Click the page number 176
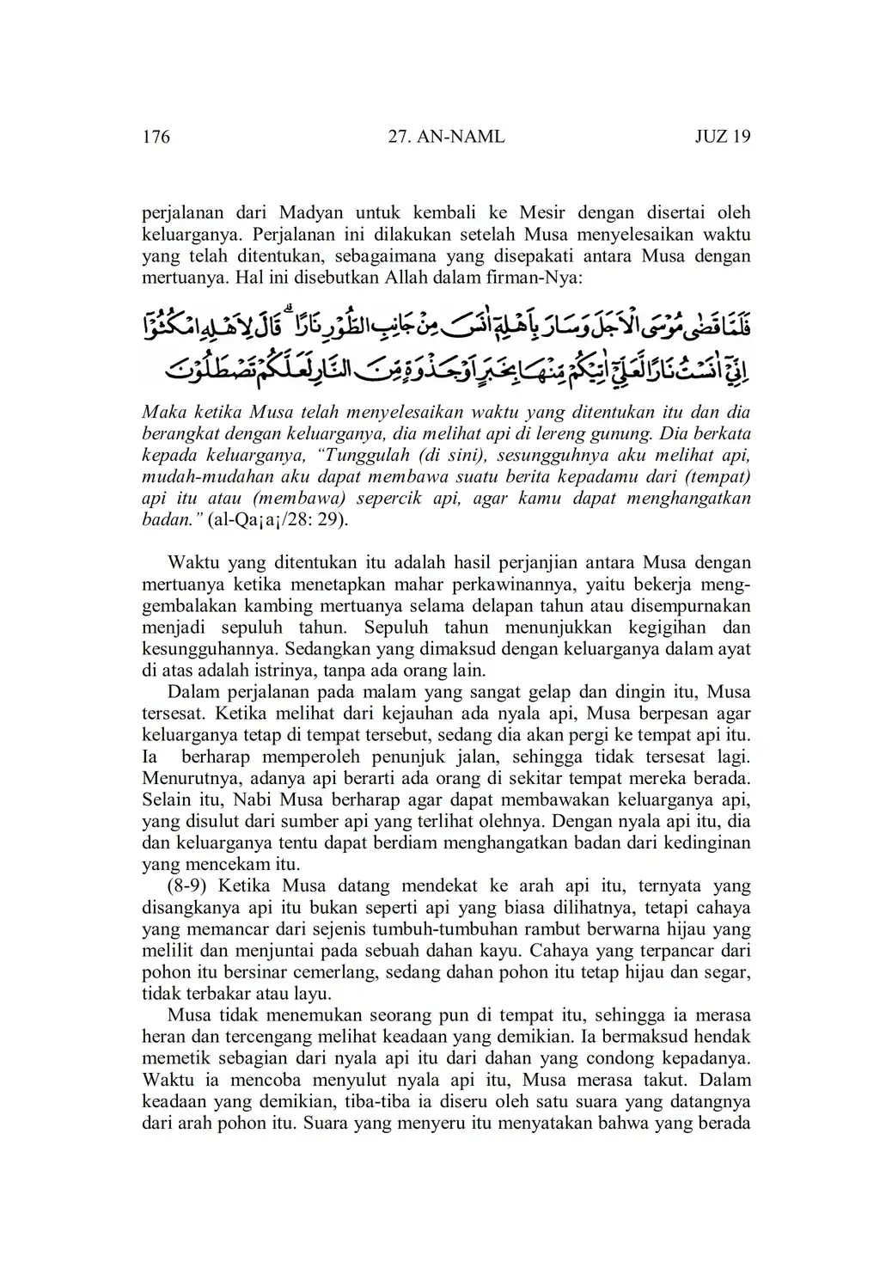pyautogui.click(x=156, y=137)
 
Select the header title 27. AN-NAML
pyautogui.click(x=447, y=137)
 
